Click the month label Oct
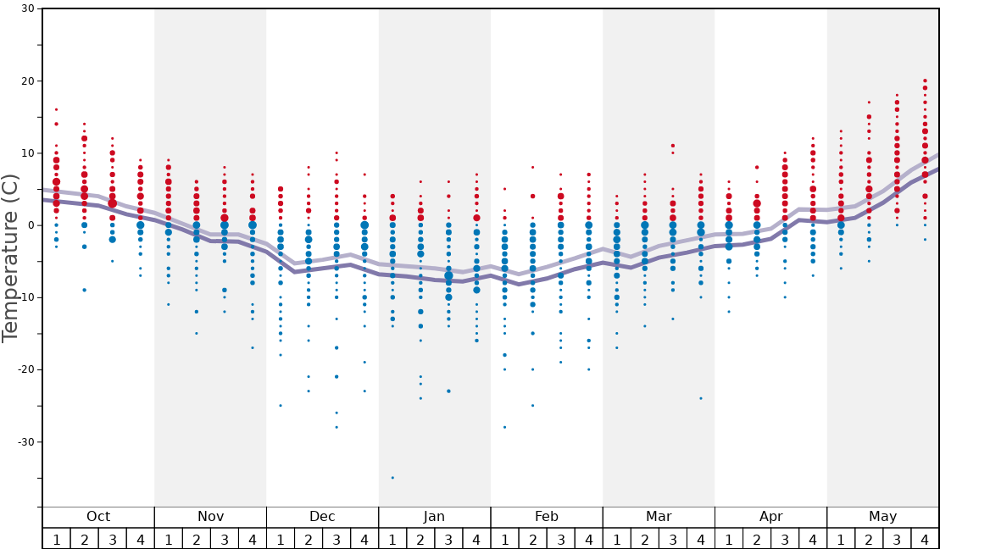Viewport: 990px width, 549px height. pyautogui.click(x=98, y=517)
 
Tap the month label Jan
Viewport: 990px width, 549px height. pyautogui.click(x=434, y=517)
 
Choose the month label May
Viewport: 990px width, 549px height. pyautogui.click(x=882, y=517)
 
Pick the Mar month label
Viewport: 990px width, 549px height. pyautogui.click(x=659, y=517)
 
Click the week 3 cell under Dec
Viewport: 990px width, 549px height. pyautogui.click(x=336, y=539)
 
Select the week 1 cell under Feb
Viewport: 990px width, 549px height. pyautogui.click(x=504, y=539)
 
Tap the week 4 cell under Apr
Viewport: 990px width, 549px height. pyautogui.click(x=812, y=539)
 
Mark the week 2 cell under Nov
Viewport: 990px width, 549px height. pyautogui.click(x=197, y=539)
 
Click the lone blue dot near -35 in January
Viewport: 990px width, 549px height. pyautogui.click(x=392, y=478)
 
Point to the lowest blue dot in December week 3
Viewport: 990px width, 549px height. pyautogui.click(x=336, y=427)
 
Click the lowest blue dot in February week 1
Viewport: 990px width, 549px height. pyautogui.click(x=504, y=427)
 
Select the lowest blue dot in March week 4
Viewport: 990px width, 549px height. pyautogui.click(x=701, y=398)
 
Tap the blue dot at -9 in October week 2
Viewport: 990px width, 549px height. pyautogui.click(x=84, y=290)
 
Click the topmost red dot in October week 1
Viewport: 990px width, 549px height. pyautogui.click(x=56, y=109)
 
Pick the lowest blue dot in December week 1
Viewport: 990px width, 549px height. pyautogui.click(x=281, y=405)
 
